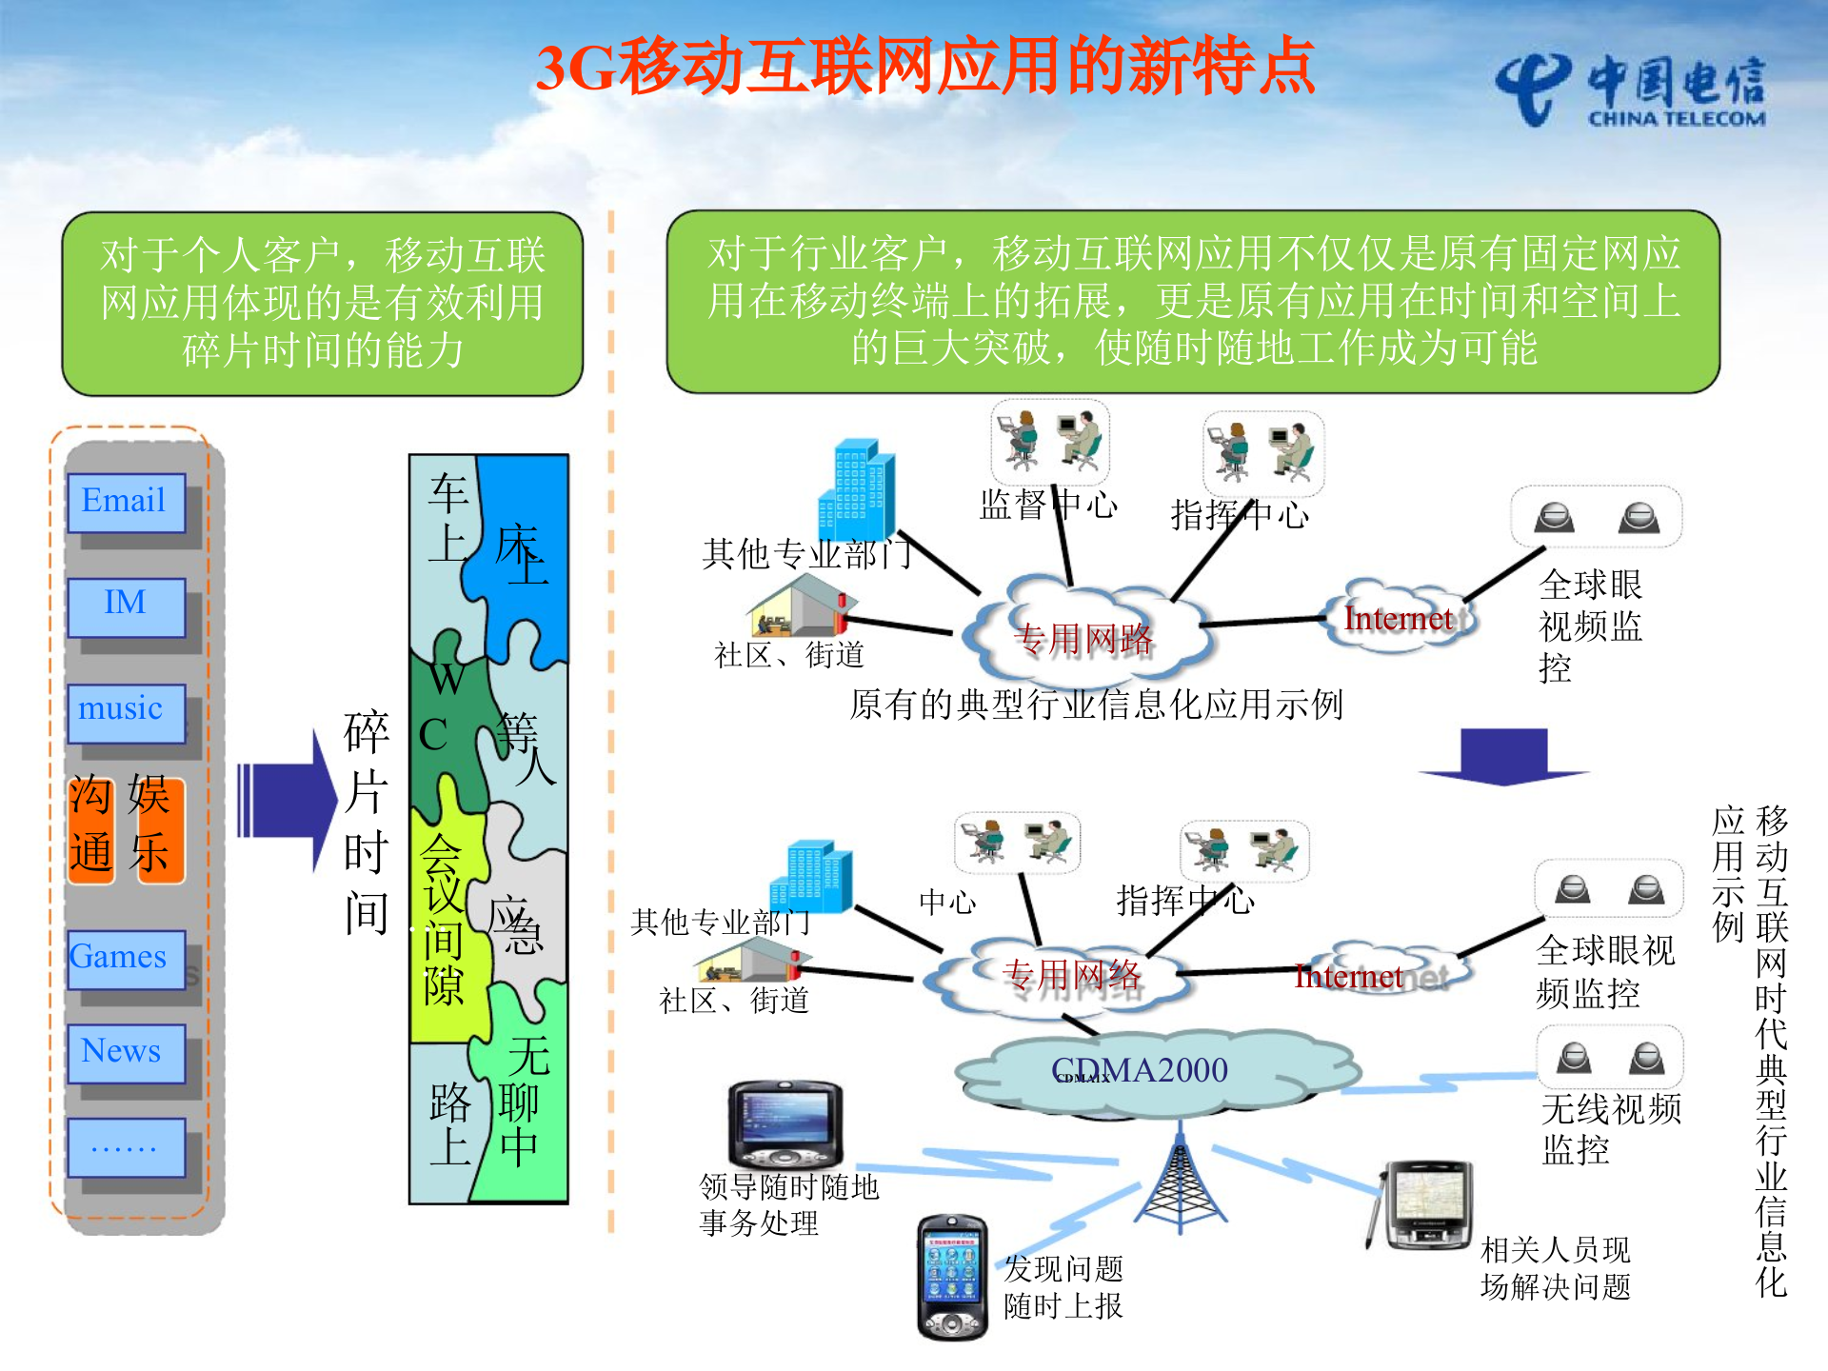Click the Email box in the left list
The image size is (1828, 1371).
[x=126, y=502]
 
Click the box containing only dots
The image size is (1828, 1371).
[x=126, y=1147]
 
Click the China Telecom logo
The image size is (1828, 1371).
[x=1630, y=91]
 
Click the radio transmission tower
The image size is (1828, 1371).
[x=1180, y=1181]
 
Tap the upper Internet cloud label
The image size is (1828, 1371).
[x=1398, y=619]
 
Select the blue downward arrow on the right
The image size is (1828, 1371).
[x=1504, y=757]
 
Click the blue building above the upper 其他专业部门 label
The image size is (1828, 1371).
[x=857, y=490]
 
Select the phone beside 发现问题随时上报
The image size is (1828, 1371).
[x=951, y=1276]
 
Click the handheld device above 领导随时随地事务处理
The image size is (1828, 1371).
[x=785, y=1123]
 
